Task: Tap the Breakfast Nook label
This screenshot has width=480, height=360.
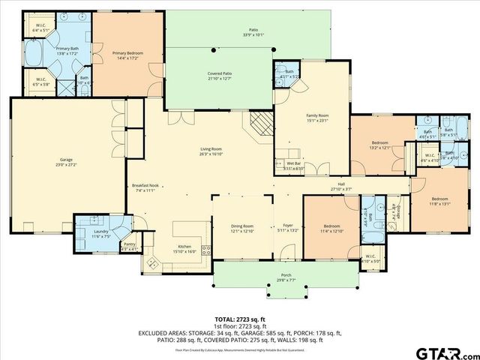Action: (x=145, y=187)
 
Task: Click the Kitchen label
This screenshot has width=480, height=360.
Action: (x=186, y=250)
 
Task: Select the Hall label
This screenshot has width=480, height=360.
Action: (x=340, y=185)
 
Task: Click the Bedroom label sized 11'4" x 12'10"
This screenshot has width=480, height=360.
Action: (x=331, y=228)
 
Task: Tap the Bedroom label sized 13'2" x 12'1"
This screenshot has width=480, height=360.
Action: (x=379, y=145)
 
